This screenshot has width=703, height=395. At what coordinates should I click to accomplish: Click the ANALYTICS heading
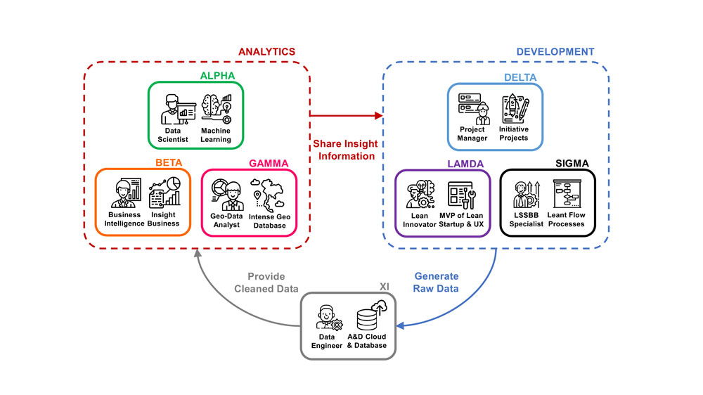266,52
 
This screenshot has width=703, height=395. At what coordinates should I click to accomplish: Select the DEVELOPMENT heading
555,52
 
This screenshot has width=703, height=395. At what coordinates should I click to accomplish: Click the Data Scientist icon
176,109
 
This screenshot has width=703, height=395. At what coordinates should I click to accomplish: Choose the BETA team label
168,163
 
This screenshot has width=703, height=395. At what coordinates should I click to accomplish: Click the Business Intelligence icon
126,193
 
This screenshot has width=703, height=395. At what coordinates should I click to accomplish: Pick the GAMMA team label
269,163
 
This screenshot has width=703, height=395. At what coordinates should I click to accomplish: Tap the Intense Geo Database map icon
269,193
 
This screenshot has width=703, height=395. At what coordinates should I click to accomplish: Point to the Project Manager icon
472,109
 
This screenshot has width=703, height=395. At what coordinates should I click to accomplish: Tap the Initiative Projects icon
514,109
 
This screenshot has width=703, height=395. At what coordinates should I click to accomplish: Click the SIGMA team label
572,163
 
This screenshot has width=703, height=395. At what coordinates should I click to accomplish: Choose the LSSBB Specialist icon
525,194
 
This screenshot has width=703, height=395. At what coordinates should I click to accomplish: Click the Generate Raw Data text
436,283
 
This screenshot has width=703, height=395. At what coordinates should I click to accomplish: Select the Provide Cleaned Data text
266,283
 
